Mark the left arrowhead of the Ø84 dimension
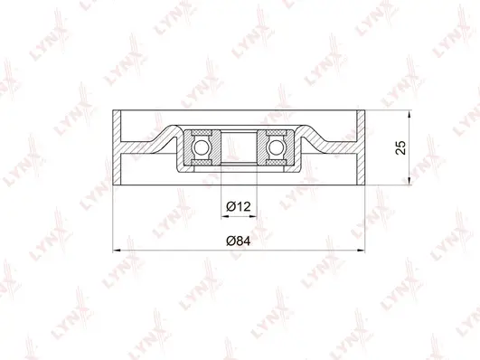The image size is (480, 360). (114, 249)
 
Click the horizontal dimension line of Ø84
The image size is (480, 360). (181, 249)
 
